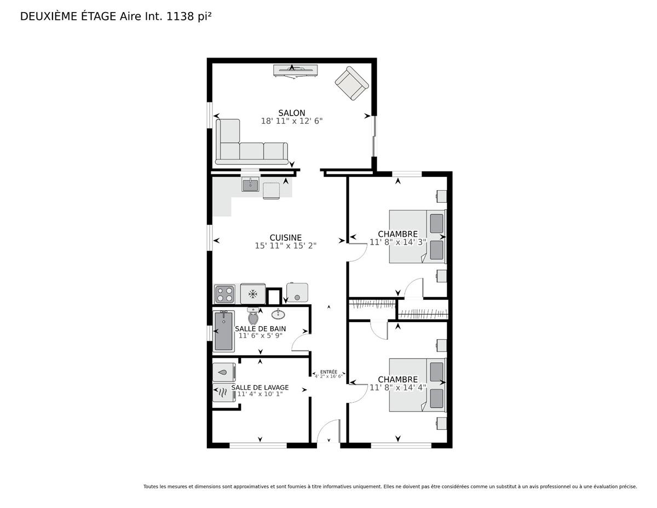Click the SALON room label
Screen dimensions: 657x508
point(291,113)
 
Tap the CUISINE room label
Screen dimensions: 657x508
point(285,237)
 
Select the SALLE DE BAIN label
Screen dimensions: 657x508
point(260,329)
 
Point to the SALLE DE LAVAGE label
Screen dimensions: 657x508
point(260,387)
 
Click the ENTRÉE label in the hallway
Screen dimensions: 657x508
point(328,372)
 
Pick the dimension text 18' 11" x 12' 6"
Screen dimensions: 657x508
point(291,121)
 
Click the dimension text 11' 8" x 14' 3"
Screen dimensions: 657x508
point(397,242)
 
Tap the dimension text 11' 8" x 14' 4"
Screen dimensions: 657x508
point(397,387)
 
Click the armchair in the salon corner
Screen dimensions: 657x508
point(351,83)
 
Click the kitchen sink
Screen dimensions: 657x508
point(250,185)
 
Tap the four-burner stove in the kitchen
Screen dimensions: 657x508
point(224,294)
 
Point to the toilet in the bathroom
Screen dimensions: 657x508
point(253,316)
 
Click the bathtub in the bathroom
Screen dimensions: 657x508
point(223,332)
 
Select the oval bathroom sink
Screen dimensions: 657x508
point(278,315)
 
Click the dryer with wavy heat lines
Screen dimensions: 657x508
point(224,393)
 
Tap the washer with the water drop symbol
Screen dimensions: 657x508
point(224,372)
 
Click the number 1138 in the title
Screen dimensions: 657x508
point(180,16)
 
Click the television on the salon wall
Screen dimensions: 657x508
point(296,71)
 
